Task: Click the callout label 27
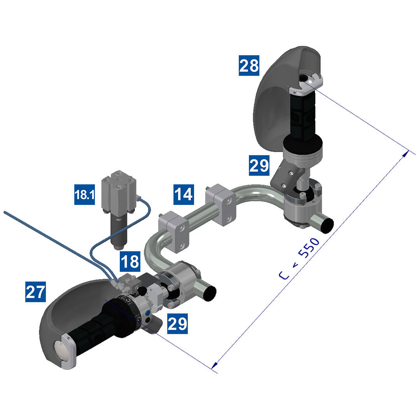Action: tap(35, 292)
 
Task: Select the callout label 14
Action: tap(184, 194)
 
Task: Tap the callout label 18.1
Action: tap(85, 194)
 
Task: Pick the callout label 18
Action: tap(130, 261)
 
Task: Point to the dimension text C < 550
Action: tap(299, 259)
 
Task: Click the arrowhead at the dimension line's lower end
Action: tap(214, 365)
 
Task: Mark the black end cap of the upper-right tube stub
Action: tap(327, 225)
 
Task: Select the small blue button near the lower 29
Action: tap(147, 313)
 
